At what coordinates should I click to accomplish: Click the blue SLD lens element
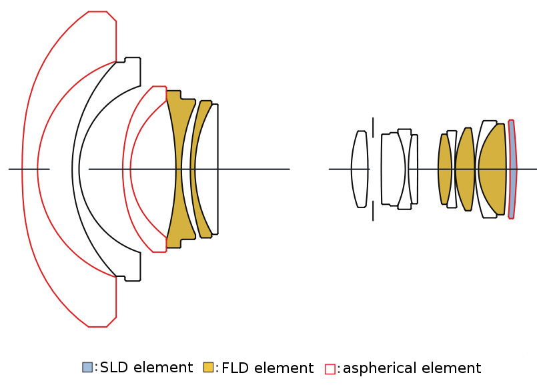[x=512, y=169]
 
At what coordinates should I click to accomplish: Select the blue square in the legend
[x=87, y=367]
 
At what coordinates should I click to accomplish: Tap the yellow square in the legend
[x=208, y=368]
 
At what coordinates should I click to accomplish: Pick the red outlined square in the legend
[x=330, y=368]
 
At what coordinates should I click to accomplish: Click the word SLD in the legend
[x=113, y=367]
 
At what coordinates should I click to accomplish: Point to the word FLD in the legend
[x=235, y=368]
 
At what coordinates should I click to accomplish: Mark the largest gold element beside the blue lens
[x=492, y=169]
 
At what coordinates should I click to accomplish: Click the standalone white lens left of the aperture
[x=360, y=169]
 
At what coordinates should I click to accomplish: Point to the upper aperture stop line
[x=373, y=127]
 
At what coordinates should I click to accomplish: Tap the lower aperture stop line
[x=373, y=210]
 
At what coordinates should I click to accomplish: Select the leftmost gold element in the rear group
[x=444, y=169]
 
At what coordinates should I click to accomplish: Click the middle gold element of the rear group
[x=464, y=169]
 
